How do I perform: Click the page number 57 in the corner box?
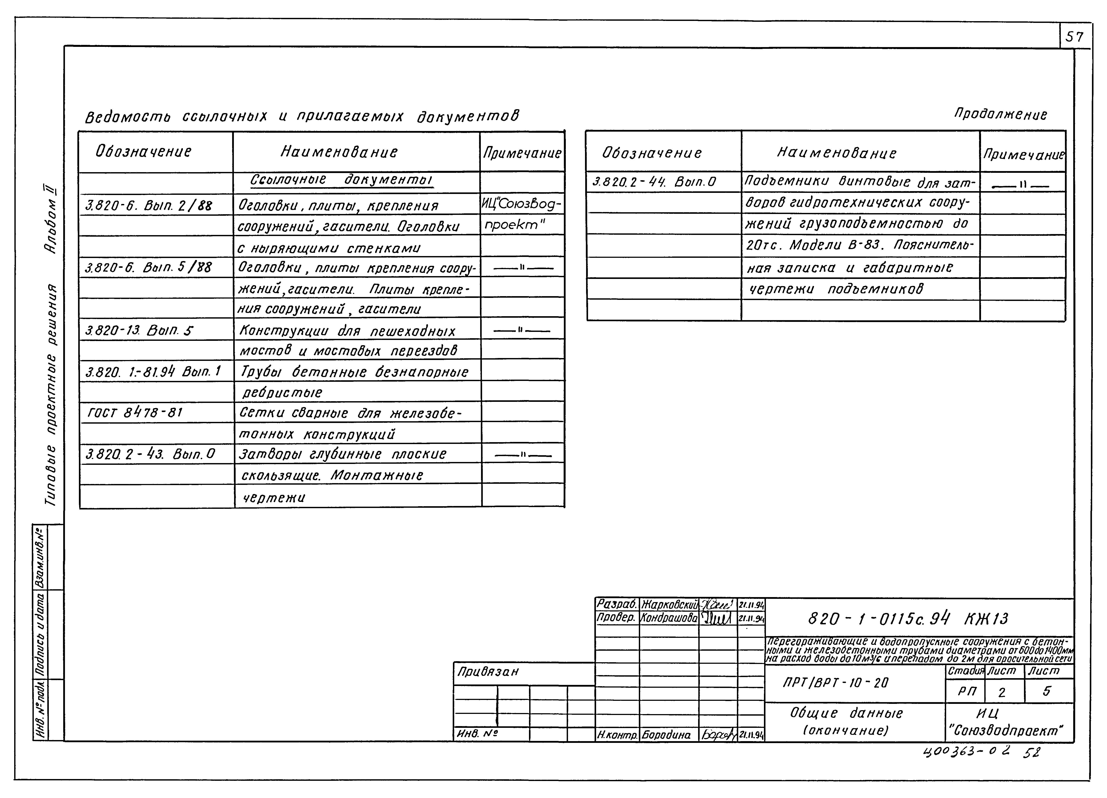(1074, 37)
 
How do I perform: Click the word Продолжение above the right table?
(1001, 115)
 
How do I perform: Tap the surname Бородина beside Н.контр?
(666, 735)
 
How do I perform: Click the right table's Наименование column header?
(837, 153)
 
